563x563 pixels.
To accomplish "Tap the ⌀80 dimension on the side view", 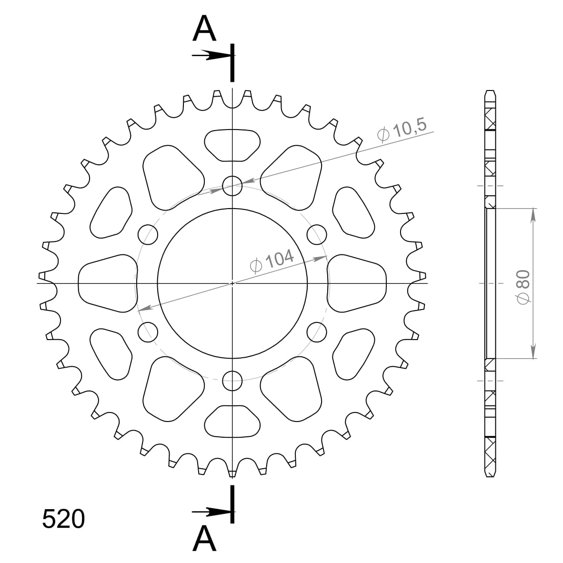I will point(523,286).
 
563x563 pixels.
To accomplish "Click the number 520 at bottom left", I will point(63,519).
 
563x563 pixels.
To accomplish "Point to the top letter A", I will point(204,29).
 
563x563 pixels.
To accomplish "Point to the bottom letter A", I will point(204,538).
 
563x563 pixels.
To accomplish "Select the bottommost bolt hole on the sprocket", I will point(232,380).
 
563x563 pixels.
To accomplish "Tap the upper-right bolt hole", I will point(317,234).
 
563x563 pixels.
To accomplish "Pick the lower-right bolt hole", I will point(317,332).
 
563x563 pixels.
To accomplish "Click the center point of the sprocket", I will point(232,283).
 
